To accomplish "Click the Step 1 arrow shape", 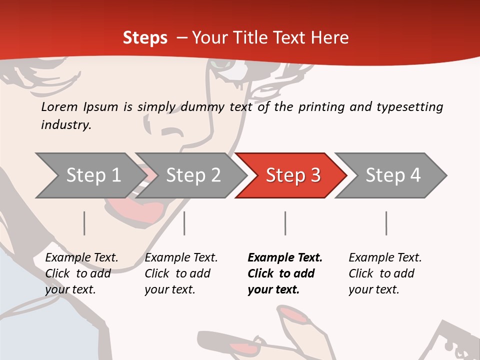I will coord(90,175).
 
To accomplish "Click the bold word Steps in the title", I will coord(145,37).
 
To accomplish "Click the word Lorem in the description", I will coord(59,106).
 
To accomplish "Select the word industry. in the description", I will coord(66,125).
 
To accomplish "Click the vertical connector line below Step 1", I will coord(84,223).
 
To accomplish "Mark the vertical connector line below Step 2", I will coord(184,223).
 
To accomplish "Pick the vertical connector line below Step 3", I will coord(285,223).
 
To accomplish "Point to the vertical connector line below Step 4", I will coord(386,223).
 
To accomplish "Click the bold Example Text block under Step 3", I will coord(285,273).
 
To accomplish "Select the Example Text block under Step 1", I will coord(81,273).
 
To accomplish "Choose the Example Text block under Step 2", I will coord(181,273).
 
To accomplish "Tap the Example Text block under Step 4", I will coord(385,273).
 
